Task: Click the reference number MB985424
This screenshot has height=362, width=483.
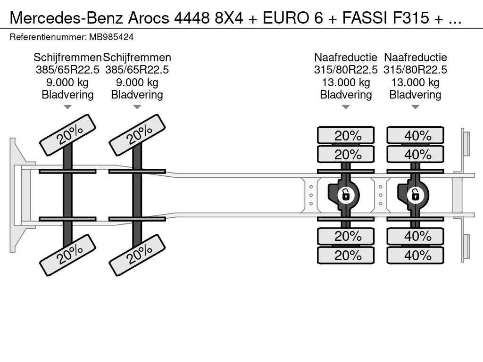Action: point(111,37)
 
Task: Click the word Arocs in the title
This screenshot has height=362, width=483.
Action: point(149,18)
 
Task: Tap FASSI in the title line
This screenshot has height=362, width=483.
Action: point(365,18)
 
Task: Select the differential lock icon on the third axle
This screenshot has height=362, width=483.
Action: point(346,195)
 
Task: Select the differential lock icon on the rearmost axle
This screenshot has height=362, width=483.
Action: point(415,195)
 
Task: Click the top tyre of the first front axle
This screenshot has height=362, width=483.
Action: point(68,135)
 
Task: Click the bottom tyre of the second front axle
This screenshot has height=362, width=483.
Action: point(137,255)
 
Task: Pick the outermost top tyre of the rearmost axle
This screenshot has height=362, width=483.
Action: point(415,135)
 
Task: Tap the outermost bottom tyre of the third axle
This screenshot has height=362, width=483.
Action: point(346,255)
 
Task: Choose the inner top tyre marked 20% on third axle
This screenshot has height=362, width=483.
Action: point(346,154)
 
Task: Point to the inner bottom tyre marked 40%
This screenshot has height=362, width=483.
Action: point(415,236)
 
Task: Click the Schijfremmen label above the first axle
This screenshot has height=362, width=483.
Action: point(67,58)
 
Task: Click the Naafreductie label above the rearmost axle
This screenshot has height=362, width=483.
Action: point(415,57)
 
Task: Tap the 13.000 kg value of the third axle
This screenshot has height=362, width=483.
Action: point(346,82)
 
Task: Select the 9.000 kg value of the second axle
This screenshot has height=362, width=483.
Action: point(137,82)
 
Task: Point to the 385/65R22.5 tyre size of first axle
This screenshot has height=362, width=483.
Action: point(67,70)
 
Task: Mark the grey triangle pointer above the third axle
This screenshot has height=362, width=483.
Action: point(346,107)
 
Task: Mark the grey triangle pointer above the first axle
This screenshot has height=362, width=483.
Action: point(67,107)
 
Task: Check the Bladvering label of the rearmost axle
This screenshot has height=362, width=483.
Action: point(415,95)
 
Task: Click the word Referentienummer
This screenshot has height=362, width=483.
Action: point(48,37)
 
